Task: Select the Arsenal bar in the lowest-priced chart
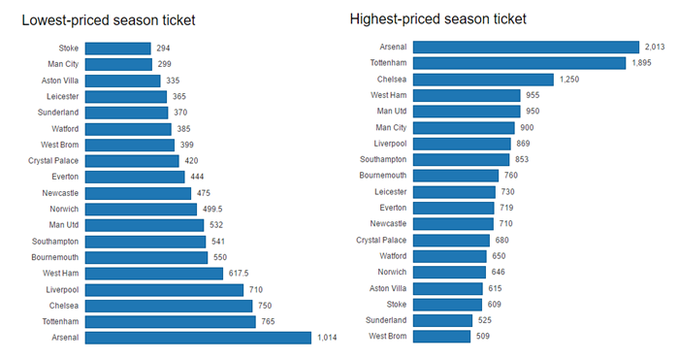[198, 338]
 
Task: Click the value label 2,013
[656, 47]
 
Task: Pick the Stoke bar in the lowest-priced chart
[117, 49]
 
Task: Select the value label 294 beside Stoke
[166, 49]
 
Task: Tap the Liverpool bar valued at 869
[462, 144]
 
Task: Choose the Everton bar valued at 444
[135, 177]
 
